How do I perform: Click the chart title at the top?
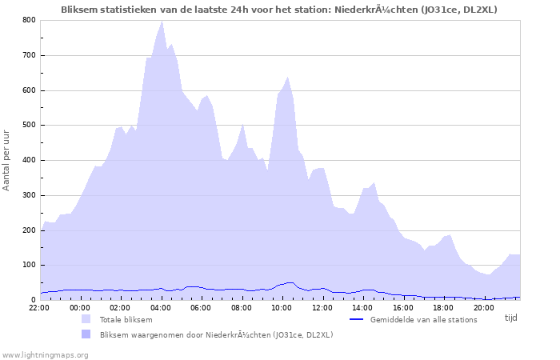[x=278, y=10]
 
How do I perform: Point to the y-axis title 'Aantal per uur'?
[x=7, y=160]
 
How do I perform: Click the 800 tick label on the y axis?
[x=28, y=20]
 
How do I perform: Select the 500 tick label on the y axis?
[x=28, y=125]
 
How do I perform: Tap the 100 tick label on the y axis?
[x=28, y=265]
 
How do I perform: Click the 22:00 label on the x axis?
[x=40, y=306]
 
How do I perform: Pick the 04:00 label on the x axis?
[x=161, y=306]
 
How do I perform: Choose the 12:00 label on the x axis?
[x=322, y=306]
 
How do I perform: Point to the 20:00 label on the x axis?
[x=482, y=306]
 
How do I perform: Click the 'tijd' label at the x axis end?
[x=510, y=318]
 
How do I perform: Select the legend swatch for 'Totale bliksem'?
[x=86, y=319]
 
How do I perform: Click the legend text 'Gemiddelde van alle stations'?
[x=423, y=319]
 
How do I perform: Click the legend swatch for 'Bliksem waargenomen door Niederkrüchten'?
[x=86, y=334]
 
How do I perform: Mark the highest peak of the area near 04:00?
[x=162, y=21]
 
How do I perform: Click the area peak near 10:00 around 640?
[x=287, y=77]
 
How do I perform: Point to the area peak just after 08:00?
[x=242, y=124]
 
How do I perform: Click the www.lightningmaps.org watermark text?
[x=45, y=354]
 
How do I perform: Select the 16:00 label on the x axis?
[x=402, y=306]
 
